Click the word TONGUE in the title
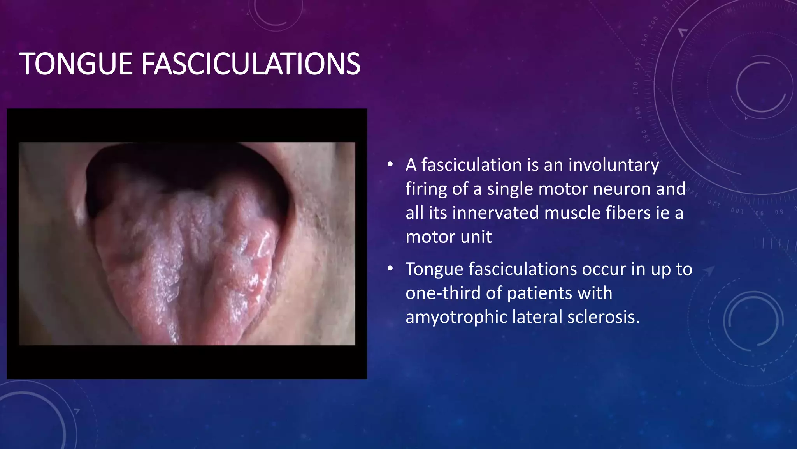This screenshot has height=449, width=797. pos(76,64)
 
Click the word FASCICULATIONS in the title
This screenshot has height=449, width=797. pos(251,64)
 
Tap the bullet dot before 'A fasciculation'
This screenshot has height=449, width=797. pos(390,165)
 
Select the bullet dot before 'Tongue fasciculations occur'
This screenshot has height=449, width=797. pos(390,269)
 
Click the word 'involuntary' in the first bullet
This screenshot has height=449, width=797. pos(614,165)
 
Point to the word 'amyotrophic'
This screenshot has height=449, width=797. pos(456,317)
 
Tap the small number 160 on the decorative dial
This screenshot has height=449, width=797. pos(638,112)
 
